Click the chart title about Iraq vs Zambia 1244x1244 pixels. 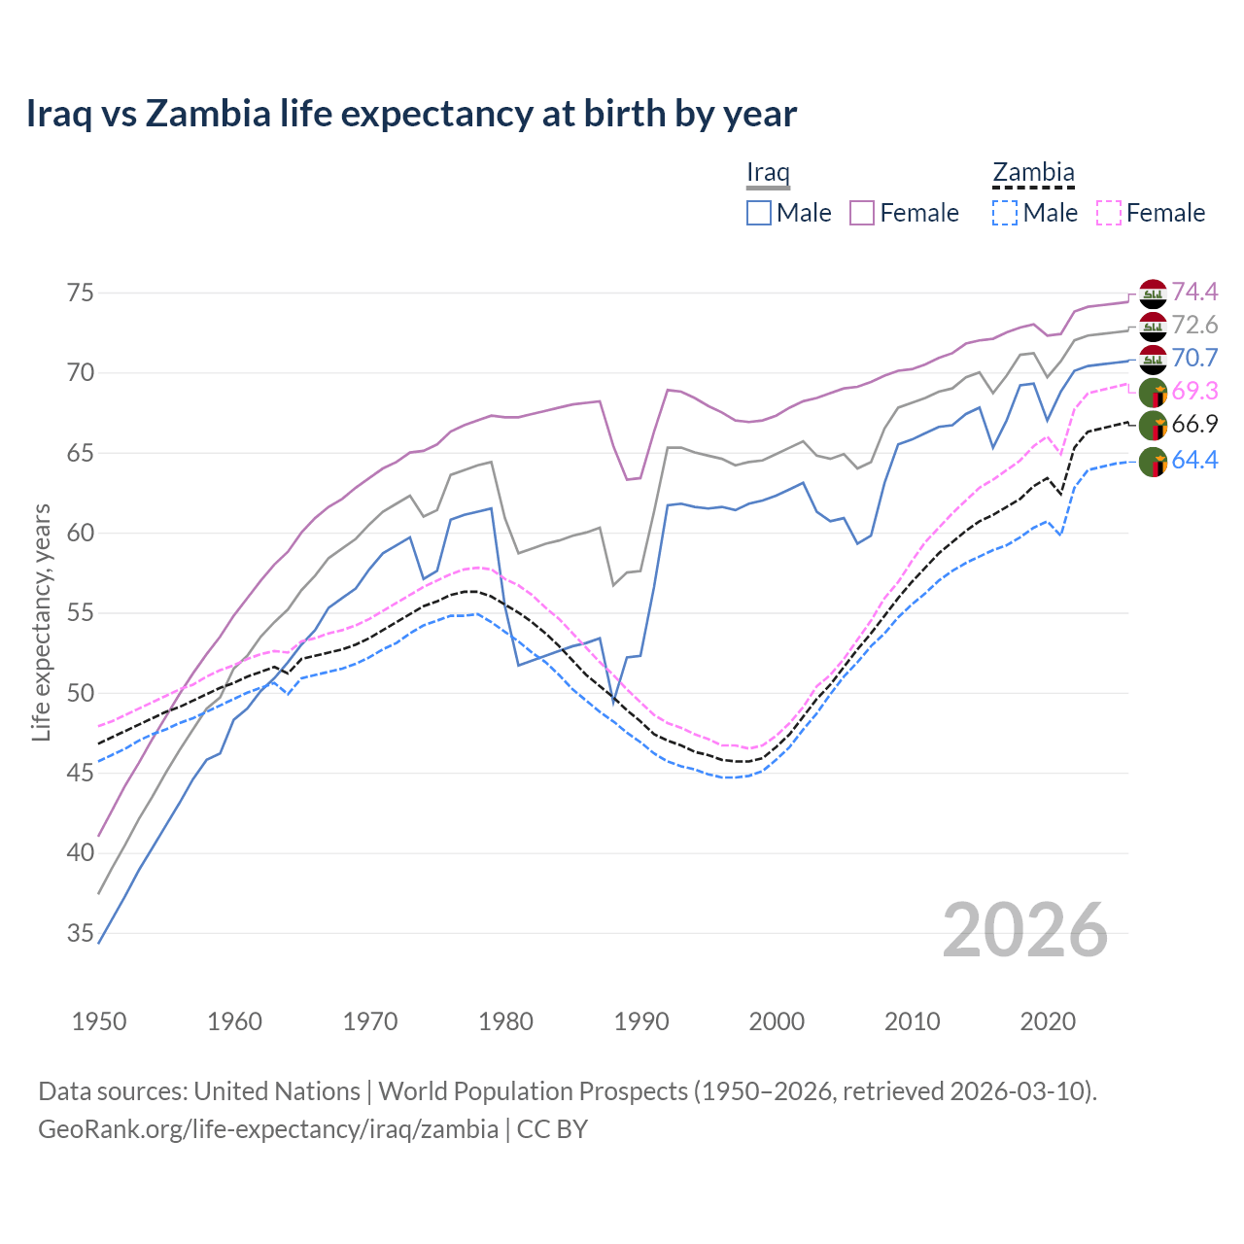tap(411, 114)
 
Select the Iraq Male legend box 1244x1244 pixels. tap(759, 213)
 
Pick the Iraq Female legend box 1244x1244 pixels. tap(862, 213)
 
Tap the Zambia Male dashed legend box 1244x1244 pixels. tap(1005, 213)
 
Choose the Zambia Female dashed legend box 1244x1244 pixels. tap(1108, 213)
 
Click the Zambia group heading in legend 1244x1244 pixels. tap(1033, 173)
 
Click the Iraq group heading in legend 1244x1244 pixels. tap(768, 173)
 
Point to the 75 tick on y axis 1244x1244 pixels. tap(80, 293)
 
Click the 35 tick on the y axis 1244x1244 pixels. tap(80, 934)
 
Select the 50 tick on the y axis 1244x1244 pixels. tap(80, 693)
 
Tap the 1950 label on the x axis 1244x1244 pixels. tap(99, 1021)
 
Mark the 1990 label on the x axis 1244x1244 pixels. tap(641, 1021)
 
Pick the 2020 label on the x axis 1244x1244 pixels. tap(1048, 1021)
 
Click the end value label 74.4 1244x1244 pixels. tap(1194, 292)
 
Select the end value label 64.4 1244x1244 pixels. tap(1194, 460)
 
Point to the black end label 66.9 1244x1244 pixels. tap(1194, 424)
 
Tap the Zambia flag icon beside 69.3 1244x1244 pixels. tap(1153, 393)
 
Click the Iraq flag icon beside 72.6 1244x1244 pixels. tap(1153, 327)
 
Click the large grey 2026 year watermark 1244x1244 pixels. tap(1025, 930)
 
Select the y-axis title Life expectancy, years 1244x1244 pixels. tap(41, 622)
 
